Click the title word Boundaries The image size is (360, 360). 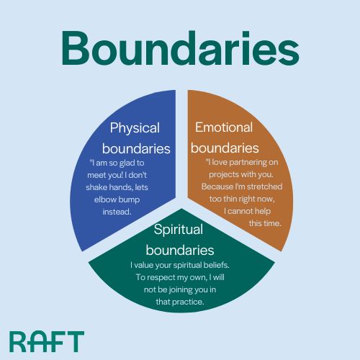(180, 48)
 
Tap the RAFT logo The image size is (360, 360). (47, 341)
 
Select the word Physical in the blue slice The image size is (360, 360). (135, 128)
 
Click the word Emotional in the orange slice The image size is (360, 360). (224, 127)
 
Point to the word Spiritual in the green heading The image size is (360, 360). (179, 230)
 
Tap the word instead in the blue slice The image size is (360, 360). (117, 212)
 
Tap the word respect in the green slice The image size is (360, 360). (161, 277)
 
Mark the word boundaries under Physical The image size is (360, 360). (136, 149)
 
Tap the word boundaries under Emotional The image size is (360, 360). (225, 148)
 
